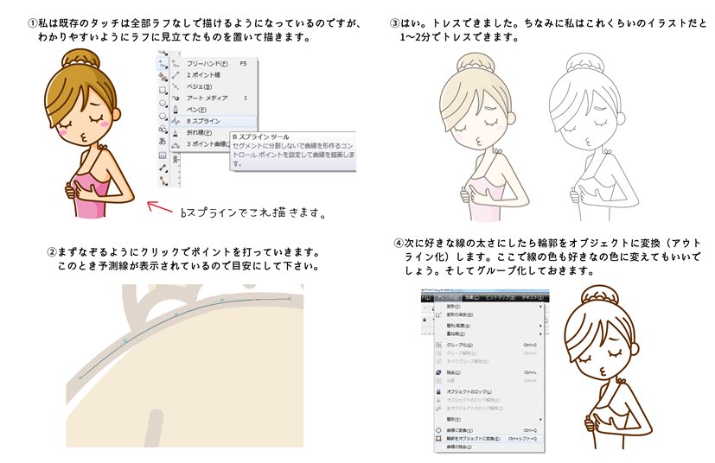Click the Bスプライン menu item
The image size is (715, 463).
[x=205, y=122]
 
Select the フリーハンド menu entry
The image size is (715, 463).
[x=207, y=63]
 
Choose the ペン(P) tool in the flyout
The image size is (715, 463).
[x=198, y=110]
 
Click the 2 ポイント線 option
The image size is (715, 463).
[x=205, y=74]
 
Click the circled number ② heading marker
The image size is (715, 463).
[x=53, y=253]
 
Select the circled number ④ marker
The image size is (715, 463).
[x=399, y=244]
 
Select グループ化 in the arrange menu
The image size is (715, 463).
[x=458, y=345]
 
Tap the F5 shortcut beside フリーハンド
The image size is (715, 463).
[x=242, y=63]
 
